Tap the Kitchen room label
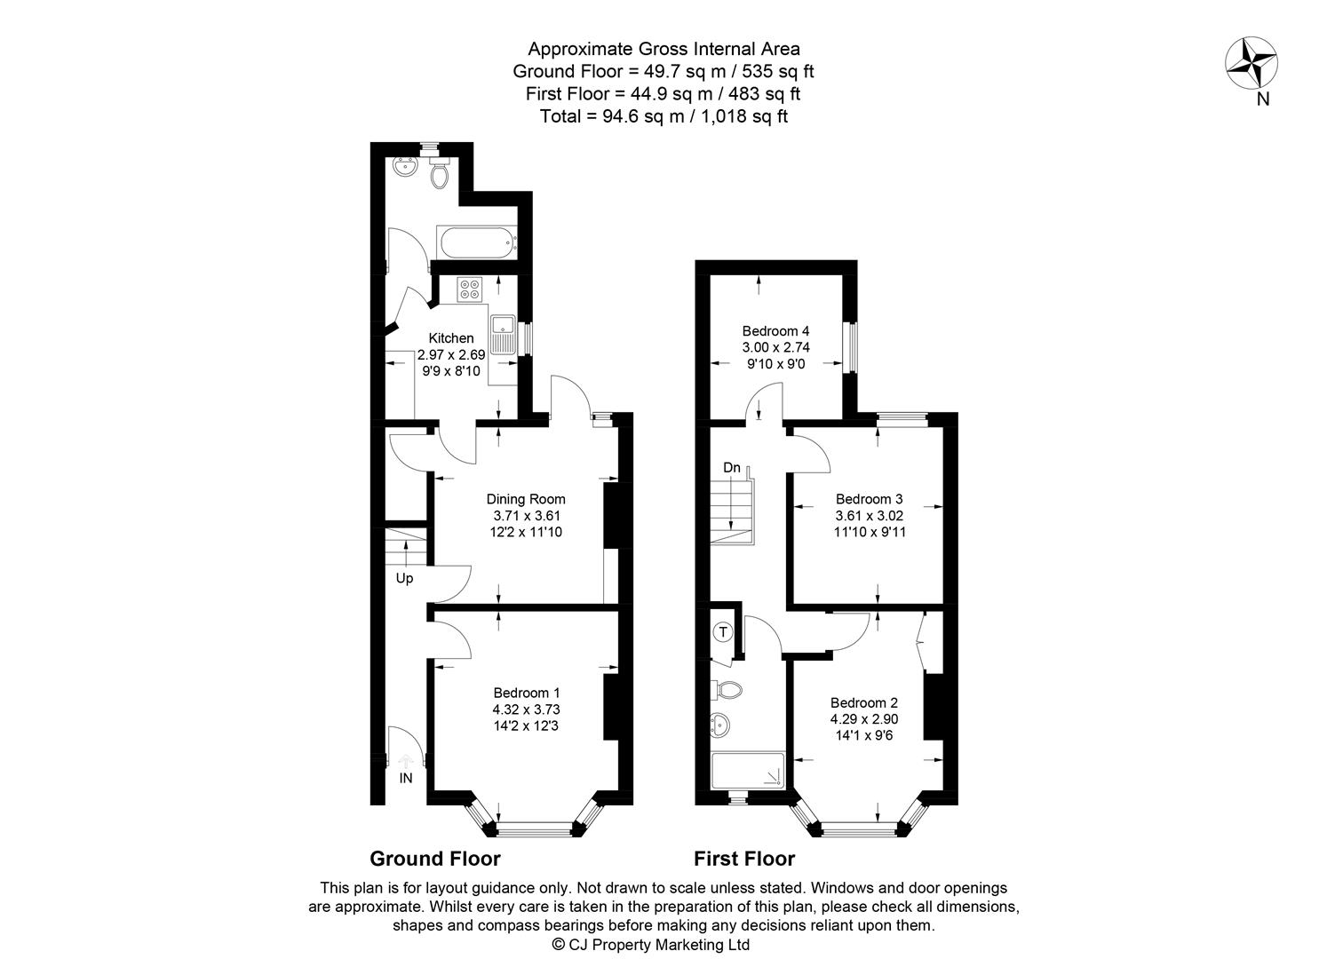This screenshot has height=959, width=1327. [x=451, y=338]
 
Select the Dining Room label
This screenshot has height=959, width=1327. [x=526, y=499]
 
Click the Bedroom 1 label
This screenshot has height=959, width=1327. [x=527, y=693]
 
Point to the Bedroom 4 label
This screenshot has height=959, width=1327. [x=775, y=331]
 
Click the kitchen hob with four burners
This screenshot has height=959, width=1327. [x=469, y=289]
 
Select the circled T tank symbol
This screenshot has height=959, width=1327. [x=724, y=632]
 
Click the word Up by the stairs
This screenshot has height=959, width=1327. [x=405, y=578]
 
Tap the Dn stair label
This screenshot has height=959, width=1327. [x=731, y=468]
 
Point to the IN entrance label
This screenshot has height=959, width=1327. [x=406, y=779]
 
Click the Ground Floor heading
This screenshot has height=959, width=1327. [x=435, y=859]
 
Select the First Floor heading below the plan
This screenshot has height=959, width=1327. [x=744, y=859]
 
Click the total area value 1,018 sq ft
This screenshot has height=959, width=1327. [x=744, y=115]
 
